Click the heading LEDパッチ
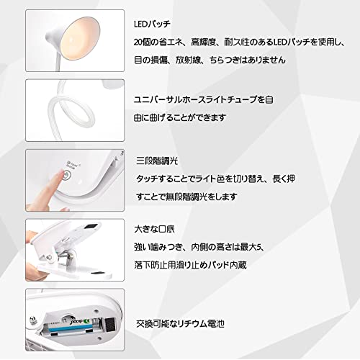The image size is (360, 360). point(152,24)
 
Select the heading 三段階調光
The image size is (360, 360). point(157,161)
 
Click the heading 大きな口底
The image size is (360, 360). point(154,229)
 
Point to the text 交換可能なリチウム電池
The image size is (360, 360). point(180,324)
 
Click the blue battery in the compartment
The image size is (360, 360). point(68,328)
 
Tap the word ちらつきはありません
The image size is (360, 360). point(247,60)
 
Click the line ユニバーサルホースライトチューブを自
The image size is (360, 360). point(204,99)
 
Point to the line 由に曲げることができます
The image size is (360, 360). point(180,117)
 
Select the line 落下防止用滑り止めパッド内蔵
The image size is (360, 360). point(190,265)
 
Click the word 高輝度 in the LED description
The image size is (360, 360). point(204,42)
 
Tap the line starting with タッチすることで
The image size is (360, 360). point(215,179)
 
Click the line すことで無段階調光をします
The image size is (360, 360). point(186,197)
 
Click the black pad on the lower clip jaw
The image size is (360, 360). point(99,274)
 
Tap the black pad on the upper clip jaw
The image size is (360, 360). point(91,227)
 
